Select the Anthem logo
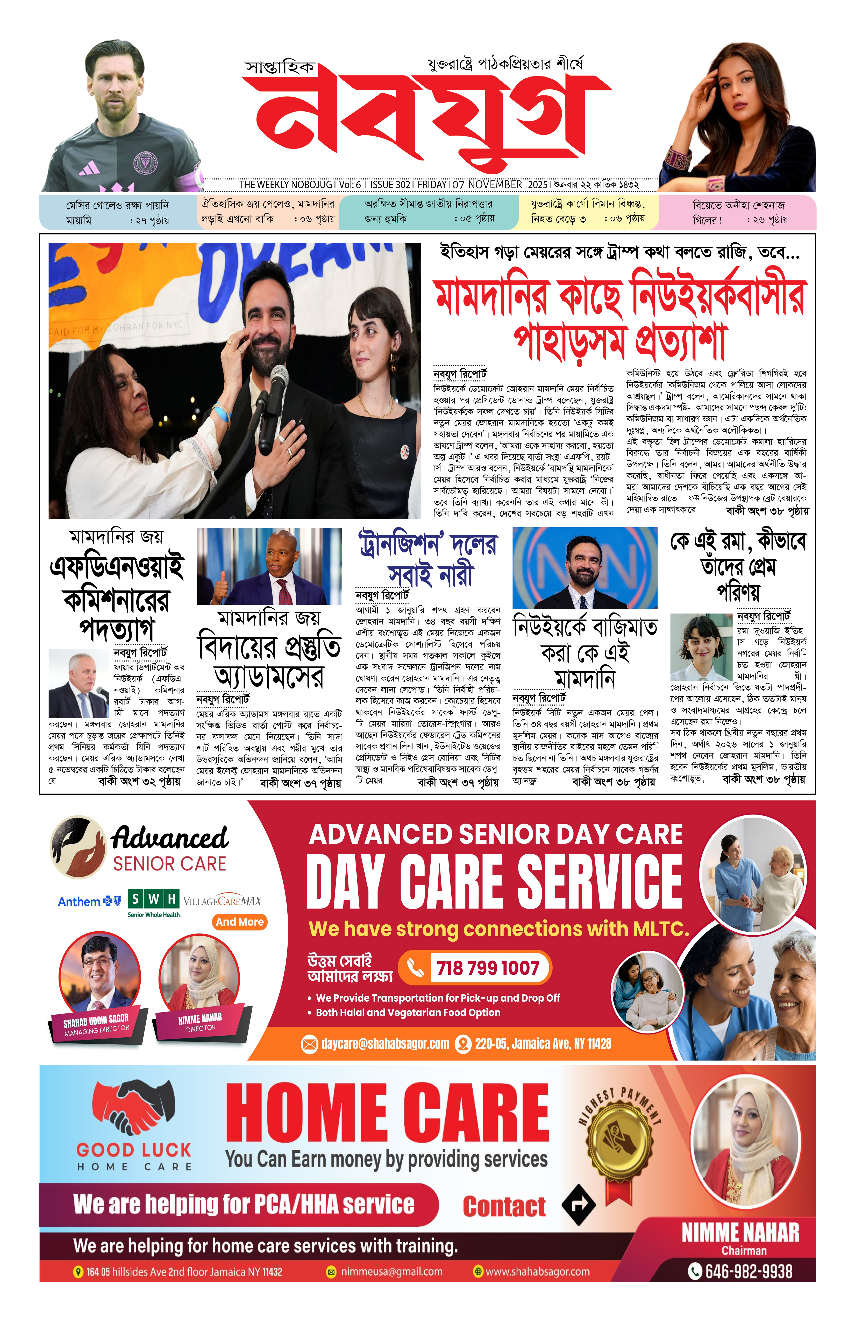coord(89,901)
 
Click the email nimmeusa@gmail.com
coord(391,1271)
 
